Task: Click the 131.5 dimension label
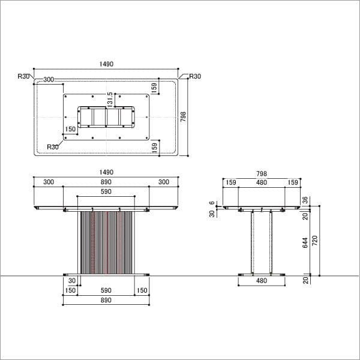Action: [x=110, y=100]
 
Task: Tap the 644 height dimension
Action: [x=305, y=242]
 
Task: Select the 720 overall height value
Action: [x=315, y=241]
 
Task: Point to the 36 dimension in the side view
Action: [x=305, y=200]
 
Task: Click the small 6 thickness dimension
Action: [x=212, y=203]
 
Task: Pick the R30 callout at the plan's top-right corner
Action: [x=195, y=76]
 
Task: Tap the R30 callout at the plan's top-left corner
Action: [x=23, y=76]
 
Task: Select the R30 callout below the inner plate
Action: [x=53, y=147]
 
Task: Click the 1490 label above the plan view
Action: [x=106, y=64]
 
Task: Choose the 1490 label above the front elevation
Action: [x=106, y=172]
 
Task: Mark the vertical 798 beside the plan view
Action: [x=183, y=118]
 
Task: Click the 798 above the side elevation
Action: [x=262, y=173]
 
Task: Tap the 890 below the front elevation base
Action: [x=106, y=300]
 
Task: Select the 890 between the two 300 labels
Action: [x=106, y=182]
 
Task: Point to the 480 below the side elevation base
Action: [x=262, y=281]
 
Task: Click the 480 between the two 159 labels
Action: [x=262, y=182]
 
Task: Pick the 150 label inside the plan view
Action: [x=70, y=129]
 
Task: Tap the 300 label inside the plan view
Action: [x=49, y=80]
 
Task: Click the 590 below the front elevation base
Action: [x=106, y=290]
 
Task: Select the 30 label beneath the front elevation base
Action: [x=72, y=281]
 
